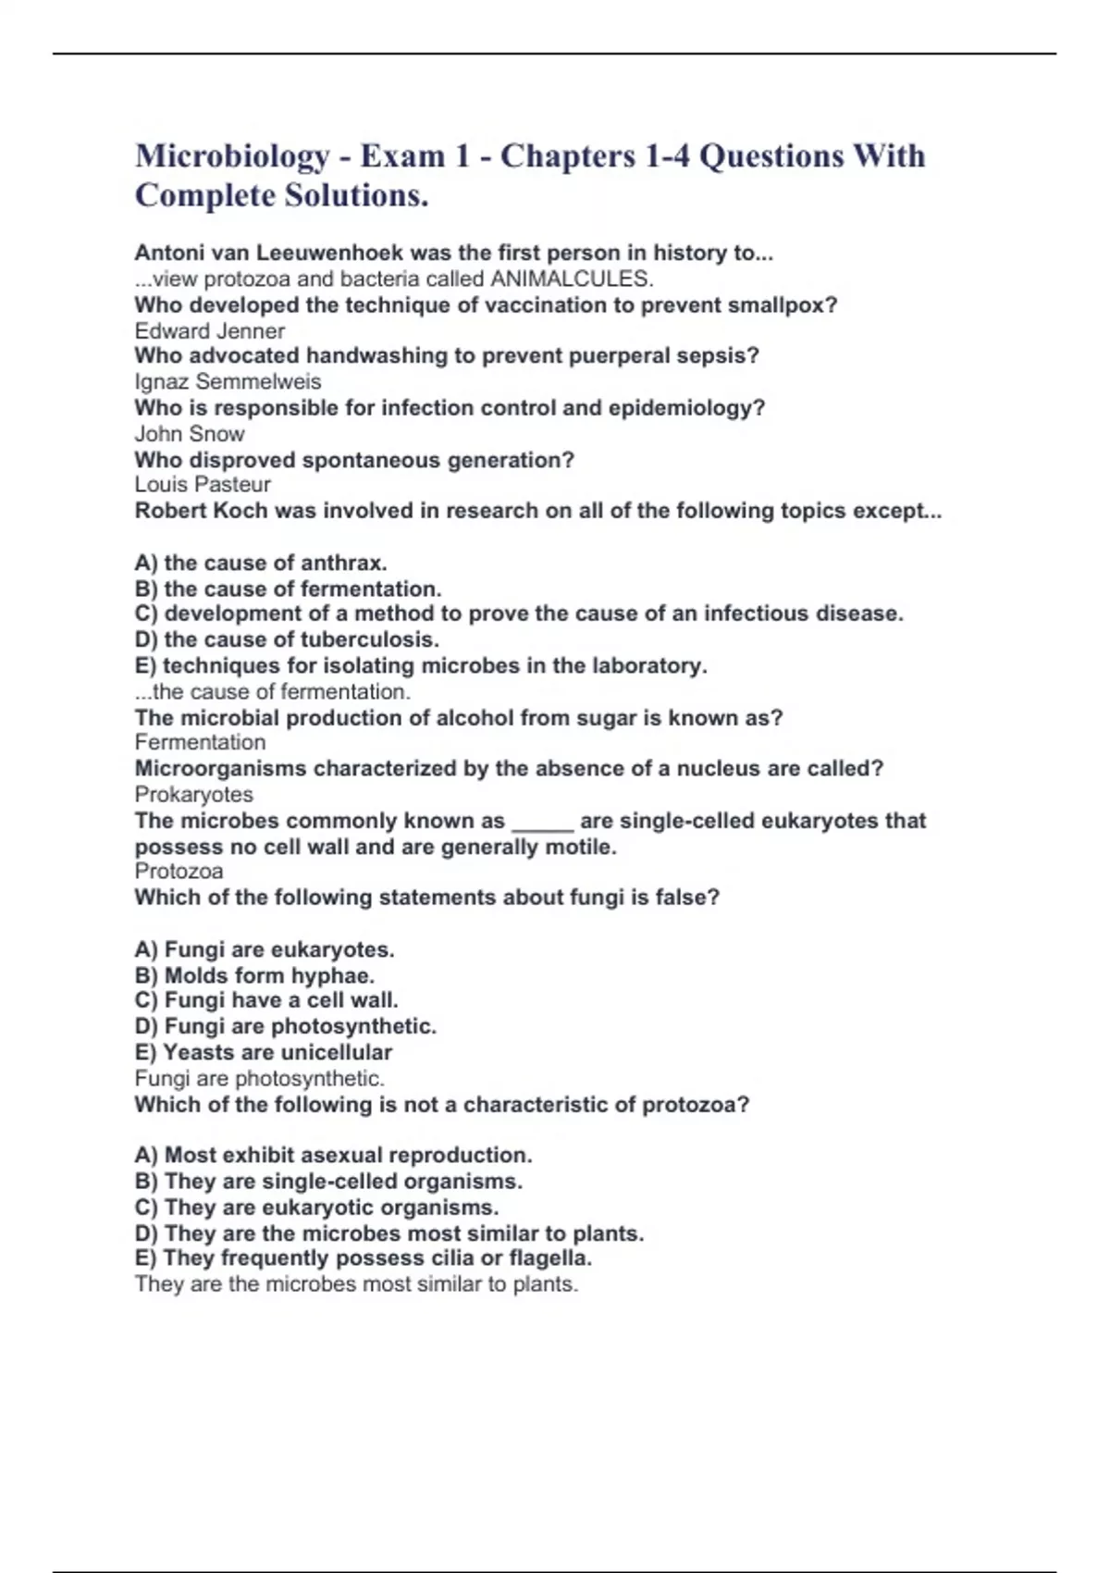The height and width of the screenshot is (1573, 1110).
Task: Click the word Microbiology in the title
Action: pos(232,156)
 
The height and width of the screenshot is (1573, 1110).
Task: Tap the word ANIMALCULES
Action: pos(571,279)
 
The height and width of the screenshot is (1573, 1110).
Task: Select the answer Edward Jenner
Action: pos(210,331)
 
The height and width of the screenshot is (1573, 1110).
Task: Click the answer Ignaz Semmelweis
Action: pos(228,382)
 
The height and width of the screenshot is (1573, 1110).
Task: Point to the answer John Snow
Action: pos(190,434)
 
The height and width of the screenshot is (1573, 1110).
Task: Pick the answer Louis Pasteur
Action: pos(203,485)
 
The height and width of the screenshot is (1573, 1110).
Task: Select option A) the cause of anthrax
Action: pos(261,563)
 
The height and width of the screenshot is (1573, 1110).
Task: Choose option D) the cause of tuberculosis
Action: pos(287,639)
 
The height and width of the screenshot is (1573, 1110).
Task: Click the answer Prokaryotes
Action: pos(193,795)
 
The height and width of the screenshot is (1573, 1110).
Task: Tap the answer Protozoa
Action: pos(179,872)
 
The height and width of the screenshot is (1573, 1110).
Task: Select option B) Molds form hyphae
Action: pos(254,975)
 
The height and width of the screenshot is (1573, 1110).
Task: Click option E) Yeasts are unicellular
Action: pos(264,1052)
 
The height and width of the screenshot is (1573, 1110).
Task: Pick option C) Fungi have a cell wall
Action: pos(266,1000)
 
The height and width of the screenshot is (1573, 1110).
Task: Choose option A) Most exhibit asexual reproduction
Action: pos(333,1155)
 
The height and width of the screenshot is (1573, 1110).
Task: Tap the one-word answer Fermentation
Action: pos(200,742)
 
